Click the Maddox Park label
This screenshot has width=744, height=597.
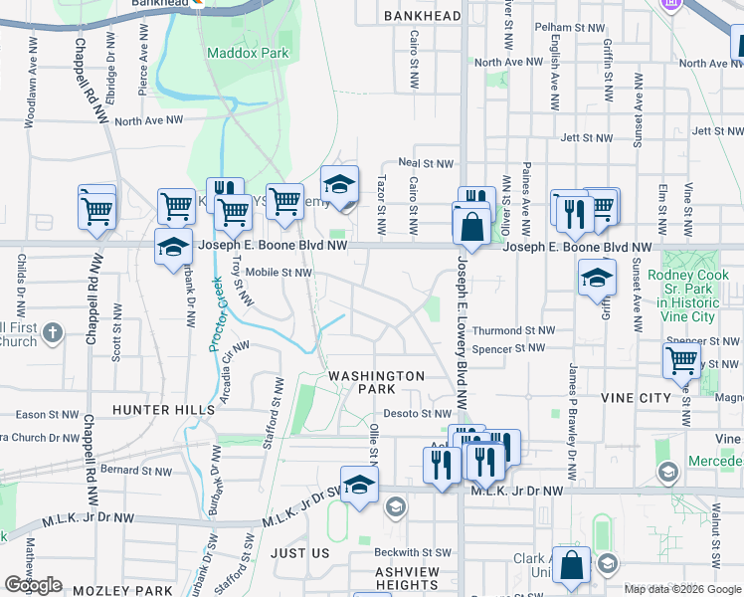[x=248, y=52]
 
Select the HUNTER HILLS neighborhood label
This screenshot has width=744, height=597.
[x=163, y=409]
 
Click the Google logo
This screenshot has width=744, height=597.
[x=33, y=585]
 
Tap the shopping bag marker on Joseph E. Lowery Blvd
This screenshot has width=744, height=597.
[x=470, y=225]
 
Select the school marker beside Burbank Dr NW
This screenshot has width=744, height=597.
[x=173, y=247]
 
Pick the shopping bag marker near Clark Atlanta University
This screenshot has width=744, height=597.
[x=572, y=565]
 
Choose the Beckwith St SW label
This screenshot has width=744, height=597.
[x=413, y=552]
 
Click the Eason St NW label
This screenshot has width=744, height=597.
[x=43, y=414]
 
